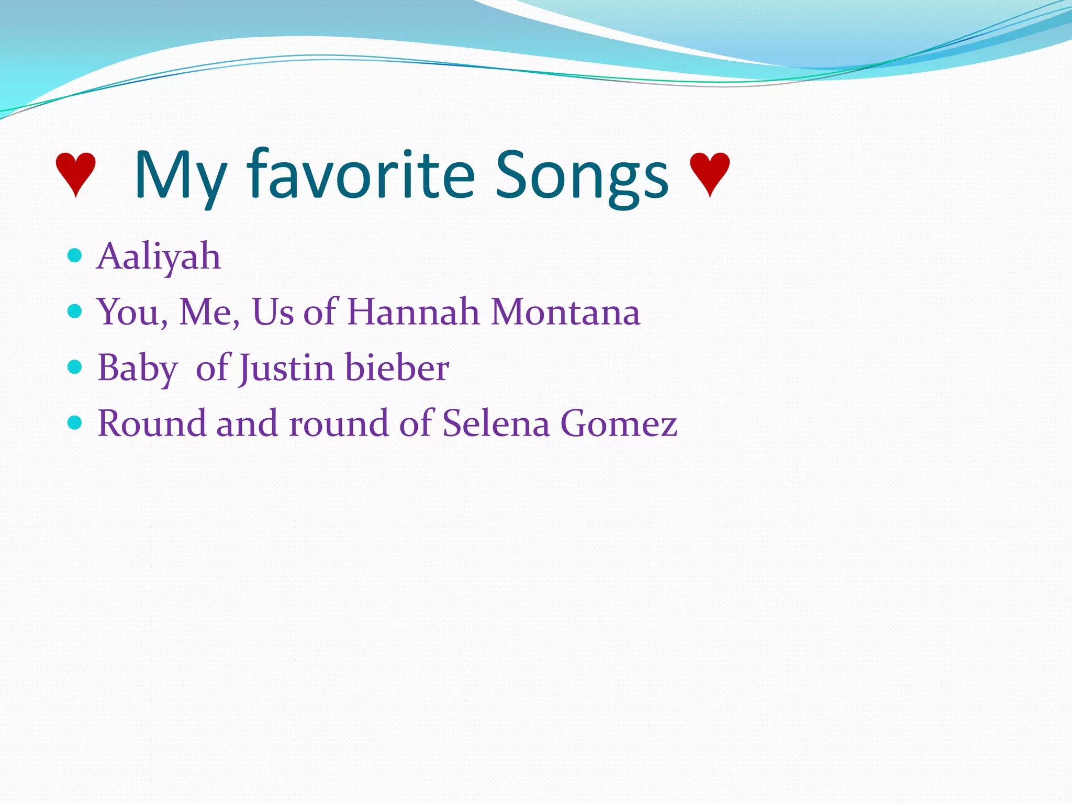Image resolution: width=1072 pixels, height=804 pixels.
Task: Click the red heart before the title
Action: pyautogui.click(x=76, y=174)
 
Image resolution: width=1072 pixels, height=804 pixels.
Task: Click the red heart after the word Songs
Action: pyautogui.click(x=709, y=174)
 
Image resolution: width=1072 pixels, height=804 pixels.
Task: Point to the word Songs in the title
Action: pyautogui.click(x=582, y=175)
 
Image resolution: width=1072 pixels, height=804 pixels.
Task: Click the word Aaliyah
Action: pyautogui.click(x=159, y=256)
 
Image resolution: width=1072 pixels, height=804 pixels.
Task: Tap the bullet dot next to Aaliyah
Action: pyautogui.click(x=75, y=255)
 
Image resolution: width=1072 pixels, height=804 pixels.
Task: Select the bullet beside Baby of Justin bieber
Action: pyautogui.click(x=75, y=367)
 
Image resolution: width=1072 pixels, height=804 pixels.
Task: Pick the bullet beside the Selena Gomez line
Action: pyautogui.click(x=75, y=422)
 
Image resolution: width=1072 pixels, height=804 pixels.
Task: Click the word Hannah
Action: pyautogui.click(x=413, y=312)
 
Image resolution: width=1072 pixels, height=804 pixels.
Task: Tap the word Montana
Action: pyautogui.click(x=565, y=312)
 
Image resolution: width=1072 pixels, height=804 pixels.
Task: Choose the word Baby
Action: pyautogui.click(x=138, y=368)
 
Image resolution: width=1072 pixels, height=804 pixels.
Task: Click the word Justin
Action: pyautogui.click(x=286, y=368)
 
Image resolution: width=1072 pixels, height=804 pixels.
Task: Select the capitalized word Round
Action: pyautogui.click(x=152, y=423)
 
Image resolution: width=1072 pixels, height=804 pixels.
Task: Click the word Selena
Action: pyautogui.click(x=496, y=423)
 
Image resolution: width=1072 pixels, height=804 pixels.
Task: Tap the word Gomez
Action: pyautogui.click(x=619, y=423)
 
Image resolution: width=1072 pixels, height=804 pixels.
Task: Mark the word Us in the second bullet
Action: pyautogui.click(x=273, y=312)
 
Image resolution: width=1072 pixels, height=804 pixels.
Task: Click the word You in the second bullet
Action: pyautogui.click(x=131, y=312)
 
